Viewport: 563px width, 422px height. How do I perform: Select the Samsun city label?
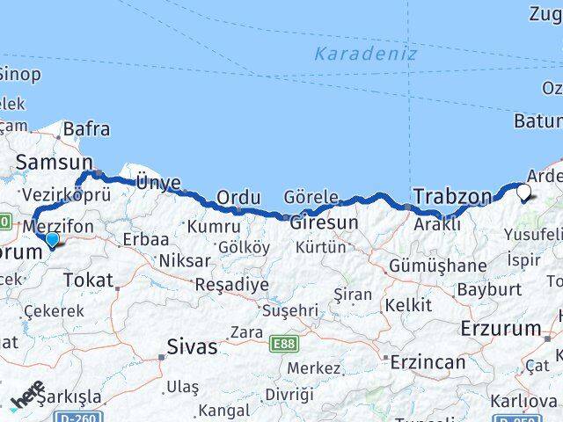pos(55,162)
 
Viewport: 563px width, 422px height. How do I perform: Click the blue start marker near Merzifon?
pos(52,238)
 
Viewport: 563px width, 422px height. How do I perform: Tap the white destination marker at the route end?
pos(524,191)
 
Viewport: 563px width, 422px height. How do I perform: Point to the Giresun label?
pos(324,222)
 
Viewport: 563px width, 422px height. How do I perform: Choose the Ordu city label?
pos(238,199)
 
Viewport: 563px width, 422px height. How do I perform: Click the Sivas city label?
pos(191,346)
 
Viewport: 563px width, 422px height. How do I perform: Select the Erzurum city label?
pos(501,329)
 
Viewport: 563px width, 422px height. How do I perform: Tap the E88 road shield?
pos(284,344)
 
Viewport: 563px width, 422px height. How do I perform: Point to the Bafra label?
pos(86,129)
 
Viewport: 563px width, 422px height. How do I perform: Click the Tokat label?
pos(88,280)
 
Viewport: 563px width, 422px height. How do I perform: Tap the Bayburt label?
pos(490,289)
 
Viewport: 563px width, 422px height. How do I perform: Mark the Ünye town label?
pos(157,183)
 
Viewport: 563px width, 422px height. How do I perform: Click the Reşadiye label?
pos(230,285)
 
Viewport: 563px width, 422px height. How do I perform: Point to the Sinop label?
pos(19,75)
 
